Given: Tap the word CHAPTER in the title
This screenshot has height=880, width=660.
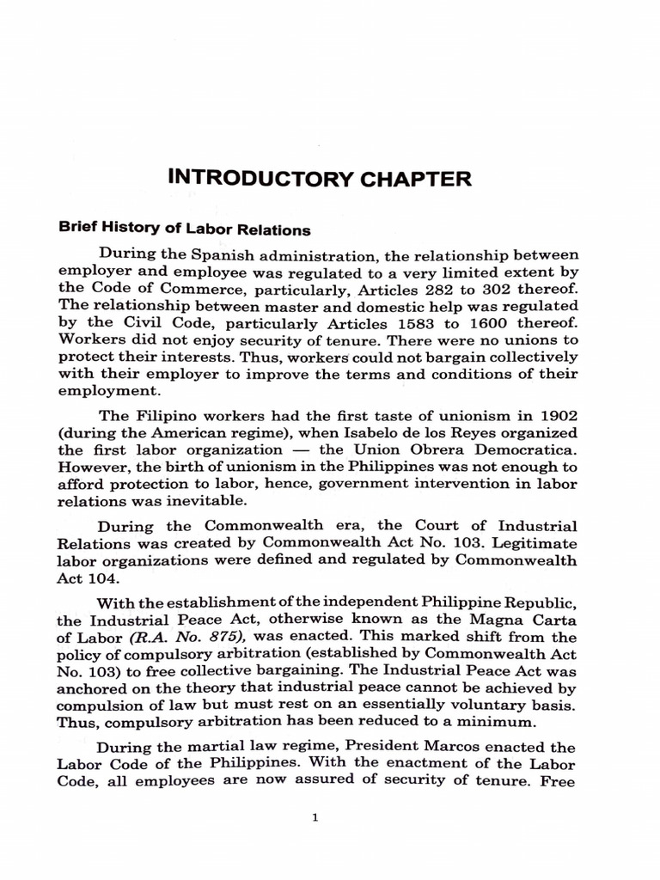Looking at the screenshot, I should click(x=414, y=180).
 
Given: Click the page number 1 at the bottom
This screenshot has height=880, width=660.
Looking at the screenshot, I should click(x=315, y=817).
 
